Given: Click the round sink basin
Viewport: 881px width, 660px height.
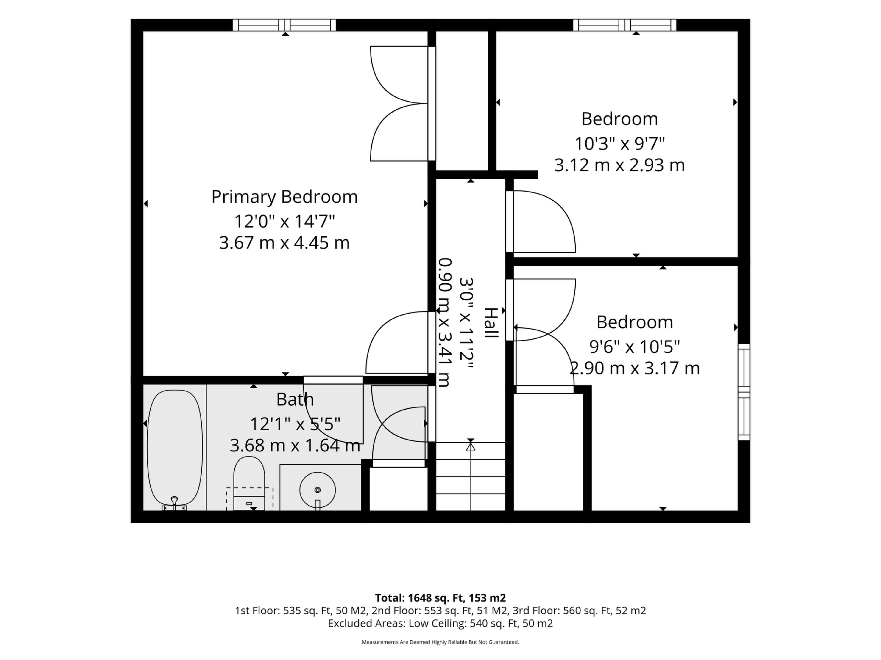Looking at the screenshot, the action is [x=318, y=490].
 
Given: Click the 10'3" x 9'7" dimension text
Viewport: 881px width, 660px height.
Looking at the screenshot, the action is [x=620, y=143].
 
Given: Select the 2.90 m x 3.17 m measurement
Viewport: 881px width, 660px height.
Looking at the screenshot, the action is [x=634, y=368].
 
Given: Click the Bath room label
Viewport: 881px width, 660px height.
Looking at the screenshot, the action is [x=295, y=399].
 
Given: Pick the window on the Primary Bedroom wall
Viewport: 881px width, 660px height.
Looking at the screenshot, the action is [x=284, y=25].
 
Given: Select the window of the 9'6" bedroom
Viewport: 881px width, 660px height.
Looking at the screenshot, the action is [x=744, y=392].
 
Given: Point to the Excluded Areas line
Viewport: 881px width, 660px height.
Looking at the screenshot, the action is [x=440, y=623].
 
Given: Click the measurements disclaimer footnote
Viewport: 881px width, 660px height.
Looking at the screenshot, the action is [x=440, y=642].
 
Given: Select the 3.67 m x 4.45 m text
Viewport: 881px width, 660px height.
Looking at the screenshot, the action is [x=284, y=243].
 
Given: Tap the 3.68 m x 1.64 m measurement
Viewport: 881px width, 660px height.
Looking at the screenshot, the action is [x=295, y=445].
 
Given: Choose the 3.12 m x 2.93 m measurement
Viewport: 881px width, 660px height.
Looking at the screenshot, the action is [x=620, y=165].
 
